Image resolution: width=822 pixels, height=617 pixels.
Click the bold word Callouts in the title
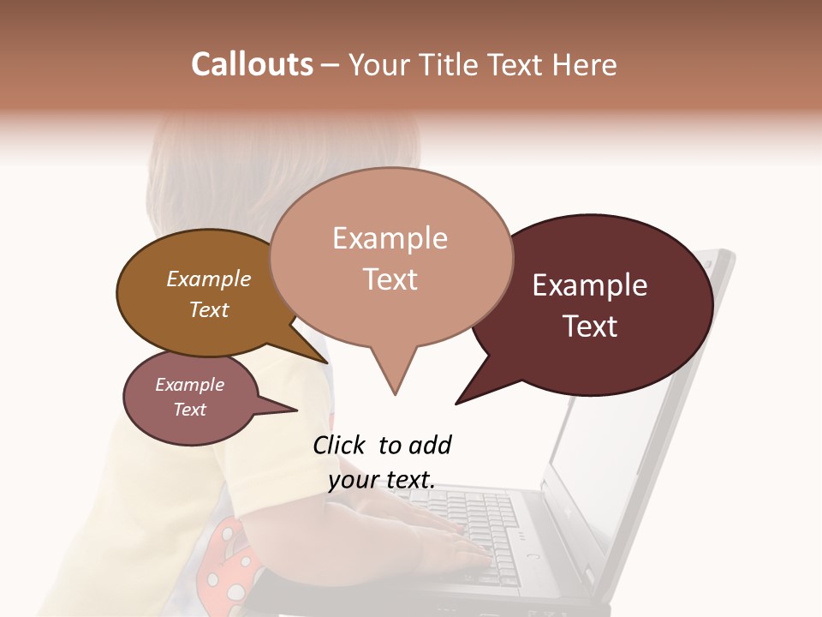(x=252, y=64)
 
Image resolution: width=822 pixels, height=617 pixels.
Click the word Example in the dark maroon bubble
(x=590, y=285)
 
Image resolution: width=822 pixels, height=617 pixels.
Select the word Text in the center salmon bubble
(x=390, y=279)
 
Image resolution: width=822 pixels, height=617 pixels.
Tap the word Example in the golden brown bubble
(x=209, y=279)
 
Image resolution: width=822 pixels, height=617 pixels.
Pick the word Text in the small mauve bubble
(x=190, y=410)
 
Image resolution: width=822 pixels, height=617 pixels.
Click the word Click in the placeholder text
(x=340, y=445)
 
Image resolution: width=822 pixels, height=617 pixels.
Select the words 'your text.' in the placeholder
(x=382, y=481)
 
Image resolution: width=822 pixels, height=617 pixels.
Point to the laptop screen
(x=634, y=428)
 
